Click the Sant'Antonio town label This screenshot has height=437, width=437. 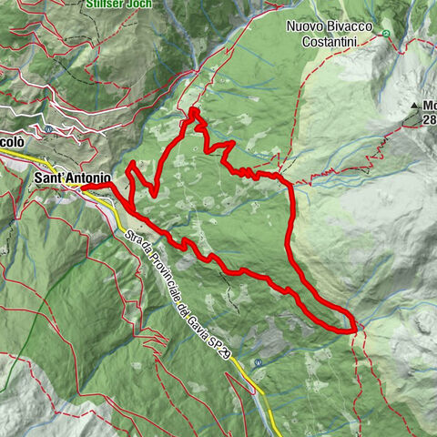(73, 178)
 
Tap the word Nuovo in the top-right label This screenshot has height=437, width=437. (307, 26)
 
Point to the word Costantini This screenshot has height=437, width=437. (333, 41)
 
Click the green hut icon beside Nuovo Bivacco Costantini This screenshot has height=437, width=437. (386, 34)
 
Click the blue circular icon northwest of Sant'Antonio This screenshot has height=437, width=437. (48, 129)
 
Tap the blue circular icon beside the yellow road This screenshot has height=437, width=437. (259, 362)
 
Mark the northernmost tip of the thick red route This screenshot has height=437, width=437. (195, 111)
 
